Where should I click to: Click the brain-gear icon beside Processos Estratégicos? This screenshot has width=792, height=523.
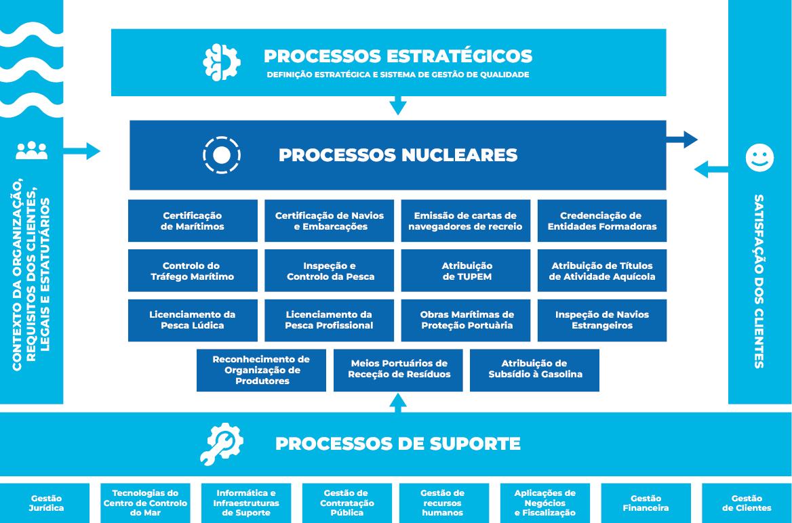point(222,62)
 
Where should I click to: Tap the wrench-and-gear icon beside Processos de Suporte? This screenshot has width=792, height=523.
point(222,444)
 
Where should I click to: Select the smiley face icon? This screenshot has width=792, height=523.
point(759,158)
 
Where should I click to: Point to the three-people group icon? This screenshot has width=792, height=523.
point(32,150)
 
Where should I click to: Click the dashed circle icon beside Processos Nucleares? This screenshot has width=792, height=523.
point(222,155)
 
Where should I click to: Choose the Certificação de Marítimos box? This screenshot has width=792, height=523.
point(193,221)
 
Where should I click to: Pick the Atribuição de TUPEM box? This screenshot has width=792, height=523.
point(467,271)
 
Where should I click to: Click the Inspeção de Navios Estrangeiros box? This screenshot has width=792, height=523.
point(602,320)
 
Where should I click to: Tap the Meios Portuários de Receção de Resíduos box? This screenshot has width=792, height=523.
point(399,370)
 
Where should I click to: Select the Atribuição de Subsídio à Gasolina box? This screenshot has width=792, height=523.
point(535,370)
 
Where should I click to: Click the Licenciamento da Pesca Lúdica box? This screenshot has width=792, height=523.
point(193,320)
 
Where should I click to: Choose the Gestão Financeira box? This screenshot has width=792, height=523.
point(646,503)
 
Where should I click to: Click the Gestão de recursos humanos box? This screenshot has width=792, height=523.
point(442,503)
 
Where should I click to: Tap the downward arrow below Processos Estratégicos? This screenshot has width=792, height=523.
point(399,106)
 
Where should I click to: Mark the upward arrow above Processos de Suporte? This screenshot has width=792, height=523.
point(399,402)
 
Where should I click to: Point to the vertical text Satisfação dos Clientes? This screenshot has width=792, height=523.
point(759,281)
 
